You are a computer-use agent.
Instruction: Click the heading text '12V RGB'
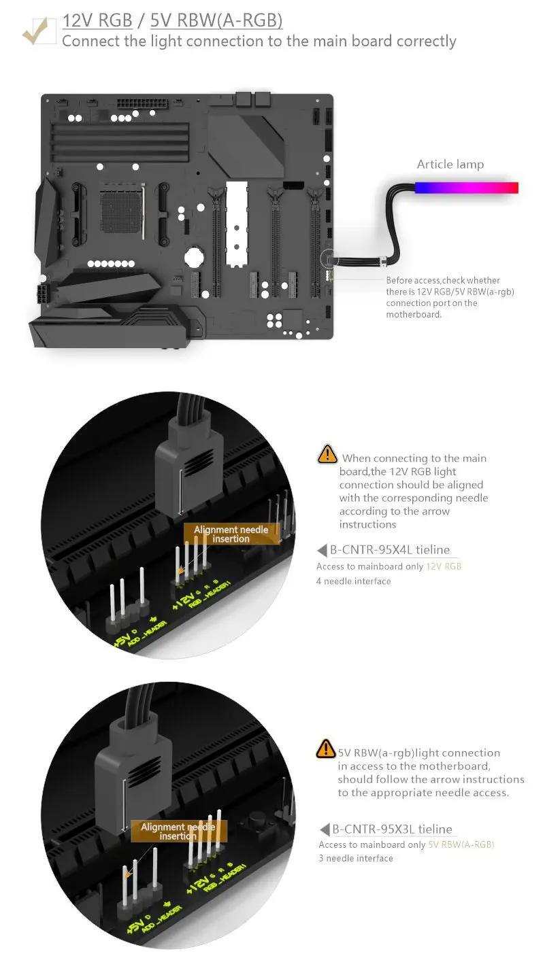point(97,20)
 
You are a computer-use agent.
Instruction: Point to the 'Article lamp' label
point(450,165)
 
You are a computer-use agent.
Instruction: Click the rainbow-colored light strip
point(467,187)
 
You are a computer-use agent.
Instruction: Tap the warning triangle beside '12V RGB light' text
point(327,454)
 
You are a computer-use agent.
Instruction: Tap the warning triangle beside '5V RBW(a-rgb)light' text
point(326,749)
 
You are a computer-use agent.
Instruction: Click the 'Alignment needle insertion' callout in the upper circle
point(231,534)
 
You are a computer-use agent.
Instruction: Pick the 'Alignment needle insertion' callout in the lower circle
point(178,832)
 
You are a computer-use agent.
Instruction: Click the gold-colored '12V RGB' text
point(444,566)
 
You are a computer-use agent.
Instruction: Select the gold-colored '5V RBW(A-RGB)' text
point(461,845)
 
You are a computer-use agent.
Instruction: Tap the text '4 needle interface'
point(354,581)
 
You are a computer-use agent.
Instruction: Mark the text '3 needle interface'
point(356,859)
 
